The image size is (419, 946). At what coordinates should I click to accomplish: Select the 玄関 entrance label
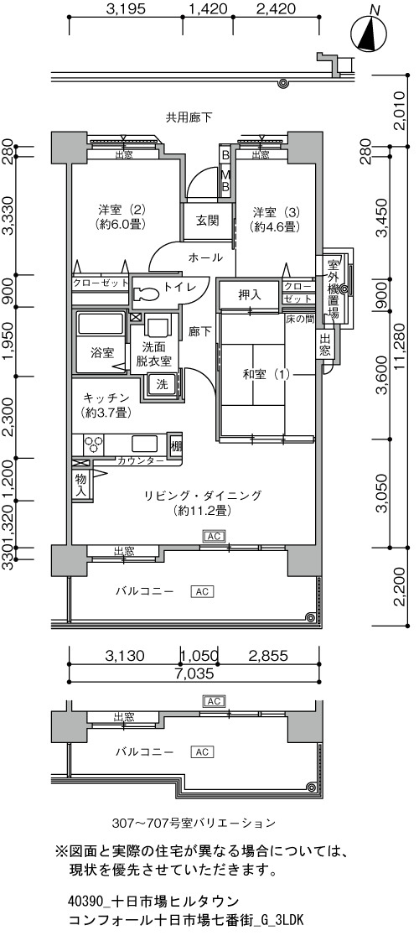[x=206, y=221]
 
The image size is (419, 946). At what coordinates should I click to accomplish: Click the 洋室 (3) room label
[x=276, y=219]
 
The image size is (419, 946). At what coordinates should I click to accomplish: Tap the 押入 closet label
[x=248, y=295]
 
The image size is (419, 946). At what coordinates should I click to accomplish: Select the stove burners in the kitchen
[x=93, y=444]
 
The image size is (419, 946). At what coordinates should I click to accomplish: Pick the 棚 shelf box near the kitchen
[x=175, y=447]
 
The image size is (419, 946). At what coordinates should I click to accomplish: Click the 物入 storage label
[x=80, y=485]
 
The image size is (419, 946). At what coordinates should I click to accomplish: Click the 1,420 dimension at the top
[x=207, y=9]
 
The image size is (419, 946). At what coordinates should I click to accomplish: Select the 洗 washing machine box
[x=163, y=383]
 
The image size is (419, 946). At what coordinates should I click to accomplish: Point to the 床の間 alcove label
[x=298, y=317]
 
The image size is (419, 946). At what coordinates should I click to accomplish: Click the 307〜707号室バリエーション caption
[x=194, y=823]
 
